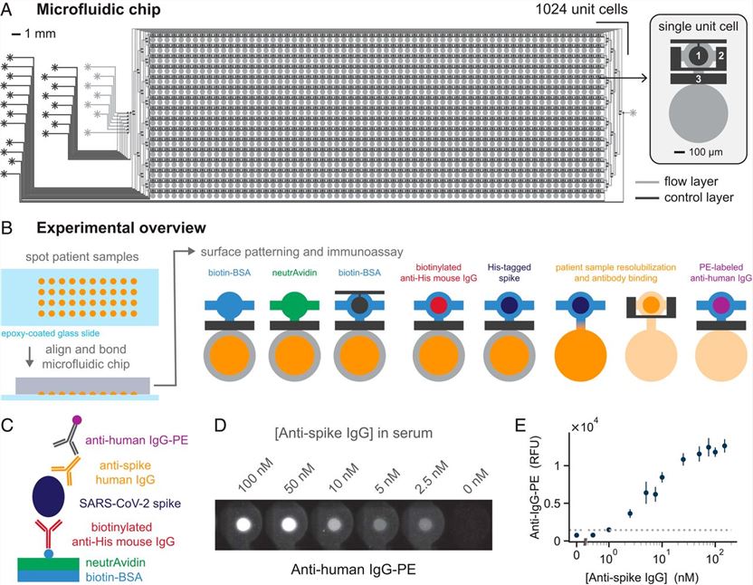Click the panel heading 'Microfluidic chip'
pos(96,10)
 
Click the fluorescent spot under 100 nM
pos(242,523)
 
